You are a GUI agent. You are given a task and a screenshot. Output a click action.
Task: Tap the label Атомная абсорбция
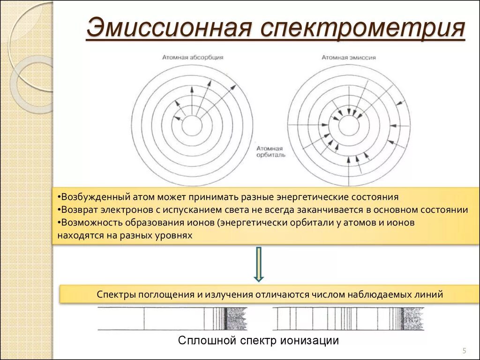pyautogui.click(x=193, y=57)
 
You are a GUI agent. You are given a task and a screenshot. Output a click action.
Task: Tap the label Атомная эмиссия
pyautogui.click(x=348, y=57)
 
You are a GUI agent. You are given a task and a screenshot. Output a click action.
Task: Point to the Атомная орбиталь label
pyautogui.click(x=270, y=151)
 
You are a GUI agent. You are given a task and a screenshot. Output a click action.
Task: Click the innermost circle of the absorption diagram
pyautogui.click(x=192, y=126)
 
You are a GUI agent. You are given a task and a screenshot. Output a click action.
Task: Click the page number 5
pyautogui.click(x=464, y=351)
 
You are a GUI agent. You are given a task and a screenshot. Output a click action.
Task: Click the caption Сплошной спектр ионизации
pyautogui.click(x=258, y=340)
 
